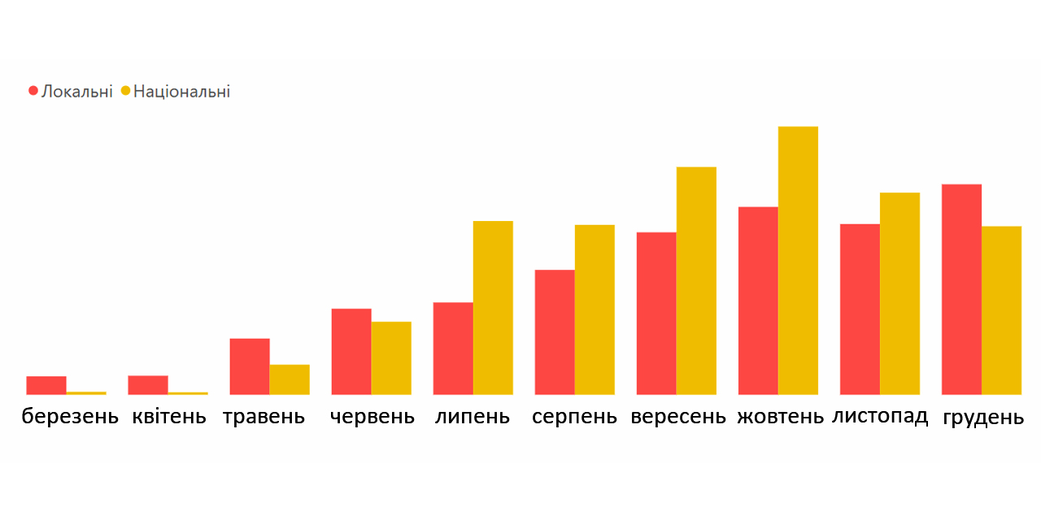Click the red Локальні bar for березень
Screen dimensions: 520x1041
click(x=46, y=386)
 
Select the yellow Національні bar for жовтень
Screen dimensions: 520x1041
click(x=798, y=261)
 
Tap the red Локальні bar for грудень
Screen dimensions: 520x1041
click(x=961, y=289)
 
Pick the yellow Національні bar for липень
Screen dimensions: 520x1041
click(x=493, y=308)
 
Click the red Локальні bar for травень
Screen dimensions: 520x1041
click(x=250, y=366)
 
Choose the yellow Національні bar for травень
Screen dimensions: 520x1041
click(x=290, y=379)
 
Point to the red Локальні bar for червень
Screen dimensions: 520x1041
click(x=351, y=352)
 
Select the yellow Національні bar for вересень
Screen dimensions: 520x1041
click(x=696, y=281)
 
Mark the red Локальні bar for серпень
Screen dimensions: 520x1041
click(x=555, y=332)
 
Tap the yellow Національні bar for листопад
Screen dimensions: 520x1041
click(x=899, y=293)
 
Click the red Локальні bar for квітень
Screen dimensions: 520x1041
click(x=148, y=385)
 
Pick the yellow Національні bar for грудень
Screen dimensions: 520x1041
click(x=1001, y=310)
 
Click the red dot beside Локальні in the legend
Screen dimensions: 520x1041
click(x=33, y=91)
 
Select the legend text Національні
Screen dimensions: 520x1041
click(x=181, y=91)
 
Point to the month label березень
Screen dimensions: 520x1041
click(x=70, y=418)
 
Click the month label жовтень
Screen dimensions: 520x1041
click(x=781, y=418)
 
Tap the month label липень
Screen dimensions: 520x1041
click(x=473, y=418)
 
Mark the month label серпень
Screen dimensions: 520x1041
click(x=575, y=418)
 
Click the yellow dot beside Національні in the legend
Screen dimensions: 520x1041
click(x=125, y=91)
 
